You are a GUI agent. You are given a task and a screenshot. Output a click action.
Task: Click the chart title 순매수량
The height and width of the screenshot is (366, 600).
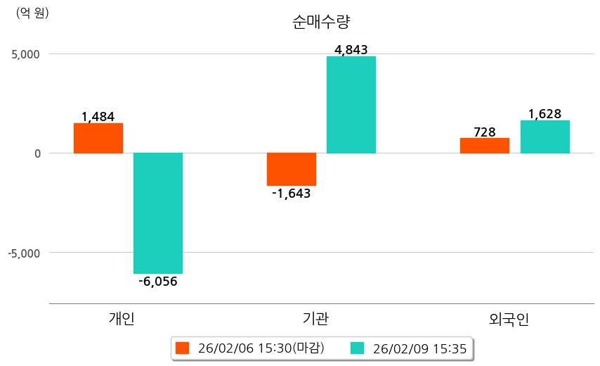[320, 22]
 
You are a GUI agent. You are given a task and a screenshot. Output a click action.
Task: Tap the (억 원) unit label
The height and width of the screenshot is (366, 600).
[32, 13]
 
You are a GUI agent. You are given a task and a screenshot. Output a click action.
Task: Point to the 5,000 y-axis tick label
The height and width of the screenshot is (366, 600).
[25, 54]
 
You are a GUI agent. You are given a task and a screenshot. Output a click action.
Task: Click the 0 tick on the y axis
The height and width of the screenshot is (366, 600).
[37, 153]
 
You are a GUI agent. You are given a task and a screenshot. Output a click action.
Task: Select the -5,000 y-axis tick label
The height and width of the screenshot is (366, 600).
[23, 253]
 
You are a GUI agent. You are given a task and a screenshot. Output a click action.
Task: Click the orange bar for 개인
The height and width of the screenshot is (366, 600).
[98, 138]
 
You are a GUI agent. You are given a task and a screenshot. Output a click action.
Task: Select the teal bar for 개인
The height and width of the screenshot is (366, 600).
[158, 213]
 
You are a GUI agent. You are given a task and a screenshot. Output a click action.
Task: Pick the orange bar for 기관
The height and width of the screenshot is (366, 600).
[292, 169]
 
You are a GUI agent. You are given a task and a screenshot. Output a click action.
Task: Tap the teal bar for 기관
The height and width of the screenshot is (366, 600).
[351, 105]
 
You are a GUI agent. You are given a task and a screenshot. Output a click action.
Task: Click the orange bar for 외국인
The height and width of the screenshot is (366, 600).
[485, 145]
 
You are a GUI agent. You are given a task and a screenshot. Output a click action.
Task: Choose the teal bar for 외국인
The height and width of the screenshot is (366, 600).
[544, 137]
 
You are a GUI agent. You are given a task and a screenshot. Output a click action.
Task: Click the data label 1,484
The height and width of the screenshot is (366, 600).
[98, 117]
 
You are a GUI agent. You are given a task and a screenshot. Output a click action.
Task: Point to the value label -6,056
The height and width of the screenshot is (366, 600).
[158, 282]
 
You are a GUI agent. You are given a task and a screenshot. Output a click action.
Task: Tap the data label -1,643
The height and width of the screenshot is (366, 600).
[292, 194]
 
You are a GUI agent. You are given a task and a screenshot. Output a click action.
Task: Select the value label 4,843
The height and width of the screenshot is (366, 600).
[351, 50]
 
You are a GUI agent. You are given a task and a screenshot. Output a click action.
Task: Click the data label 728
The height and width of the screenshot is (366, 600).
[485, 132]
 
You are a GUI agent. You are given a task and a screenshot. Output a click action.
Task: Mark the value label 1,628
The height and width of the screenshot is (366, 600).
[544, 114]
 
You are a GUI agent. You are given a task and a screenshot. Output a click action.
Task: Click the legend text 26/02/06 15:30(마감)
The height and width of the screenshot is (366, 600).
[261, 348]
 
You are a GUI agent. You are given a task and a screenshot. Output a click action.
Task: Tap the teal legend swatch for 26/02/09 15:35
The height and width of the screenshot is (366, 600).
[358, 348]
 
